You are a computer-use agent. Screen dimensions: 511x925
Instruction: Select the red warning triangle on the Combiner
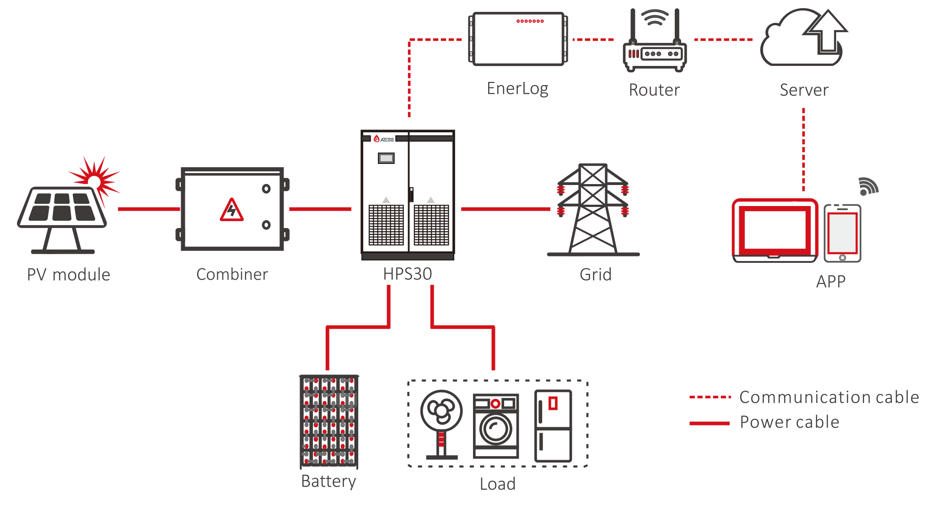(232, 210)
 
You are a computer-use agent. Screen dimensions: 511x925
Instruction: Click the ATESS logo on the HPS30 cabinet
(384, 139)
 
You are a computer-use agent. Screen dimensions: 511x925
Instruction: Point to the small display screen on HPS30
(386, 158)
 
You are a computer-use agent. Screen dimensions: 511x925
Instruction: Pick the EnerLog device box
(518, 39)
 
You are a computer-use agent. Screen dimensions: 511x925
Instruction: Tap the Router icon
(655, 46)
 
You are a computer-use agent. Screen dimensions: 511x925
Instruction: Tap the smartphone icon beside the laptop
(843, 233)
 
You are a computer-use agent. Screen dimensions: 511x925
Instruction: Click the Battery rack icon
(329, 421)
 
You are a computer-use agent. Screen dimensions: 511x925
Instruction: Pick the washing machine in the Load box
(496, 426)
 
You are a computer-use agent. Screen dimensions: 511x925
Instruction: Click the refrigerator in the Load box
(553, 426)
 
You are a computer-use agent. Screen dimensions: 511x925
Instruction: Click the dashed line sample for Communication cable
(710, 397)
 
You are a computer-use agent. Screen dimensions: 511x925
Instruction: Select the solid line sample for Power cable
(710, 423)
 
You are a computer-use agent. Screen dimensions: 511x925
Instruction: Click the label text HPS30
(408, 274)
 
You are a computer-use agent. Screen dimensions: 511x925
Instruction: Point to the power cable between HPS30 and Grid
(506, 209)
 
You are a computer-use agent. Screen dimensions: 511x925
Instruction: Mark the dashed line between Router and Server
(723, 40)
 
